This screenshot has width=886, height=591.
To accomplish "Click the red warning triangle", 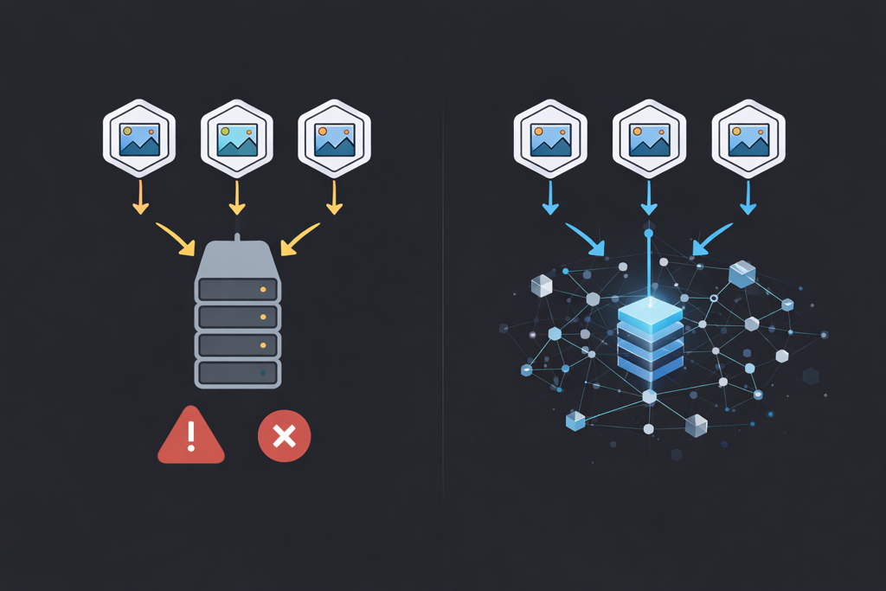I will [x=191, y=437].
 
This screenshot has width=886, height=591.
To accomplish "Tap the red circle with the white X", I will [x=284, y=437].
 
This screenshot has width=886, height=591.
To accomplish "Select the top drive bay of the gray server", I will [x=238, y=287].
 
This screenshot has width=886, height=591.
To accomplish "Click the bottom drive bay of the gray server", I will [x=238, y=373].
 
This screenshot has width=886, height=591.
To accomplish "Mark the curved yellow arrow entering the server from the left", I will [x=177, y=239].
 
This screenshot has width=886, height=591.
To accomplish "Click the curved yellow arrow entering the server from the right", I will [x=299, y=239].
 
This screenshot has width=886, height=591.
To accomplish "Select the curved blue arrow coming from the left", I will [x=586, y=240].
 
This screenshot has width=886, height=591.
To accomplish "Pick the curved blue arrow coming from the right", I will [x=711, y=240].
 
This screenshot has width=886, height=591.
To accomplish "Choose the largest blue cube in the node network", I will [x=742, y=273].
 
